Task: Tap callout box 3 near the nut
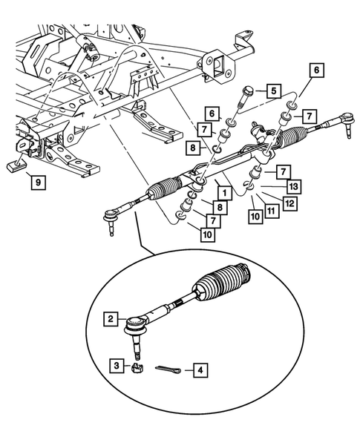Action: [117, 365]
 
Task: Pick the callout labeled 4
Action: [198, 368]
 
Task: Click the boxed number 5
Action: [273, 91]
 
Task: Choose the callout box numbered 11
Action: [272, 212]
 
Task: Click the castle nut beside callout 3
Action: [137, 366]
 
